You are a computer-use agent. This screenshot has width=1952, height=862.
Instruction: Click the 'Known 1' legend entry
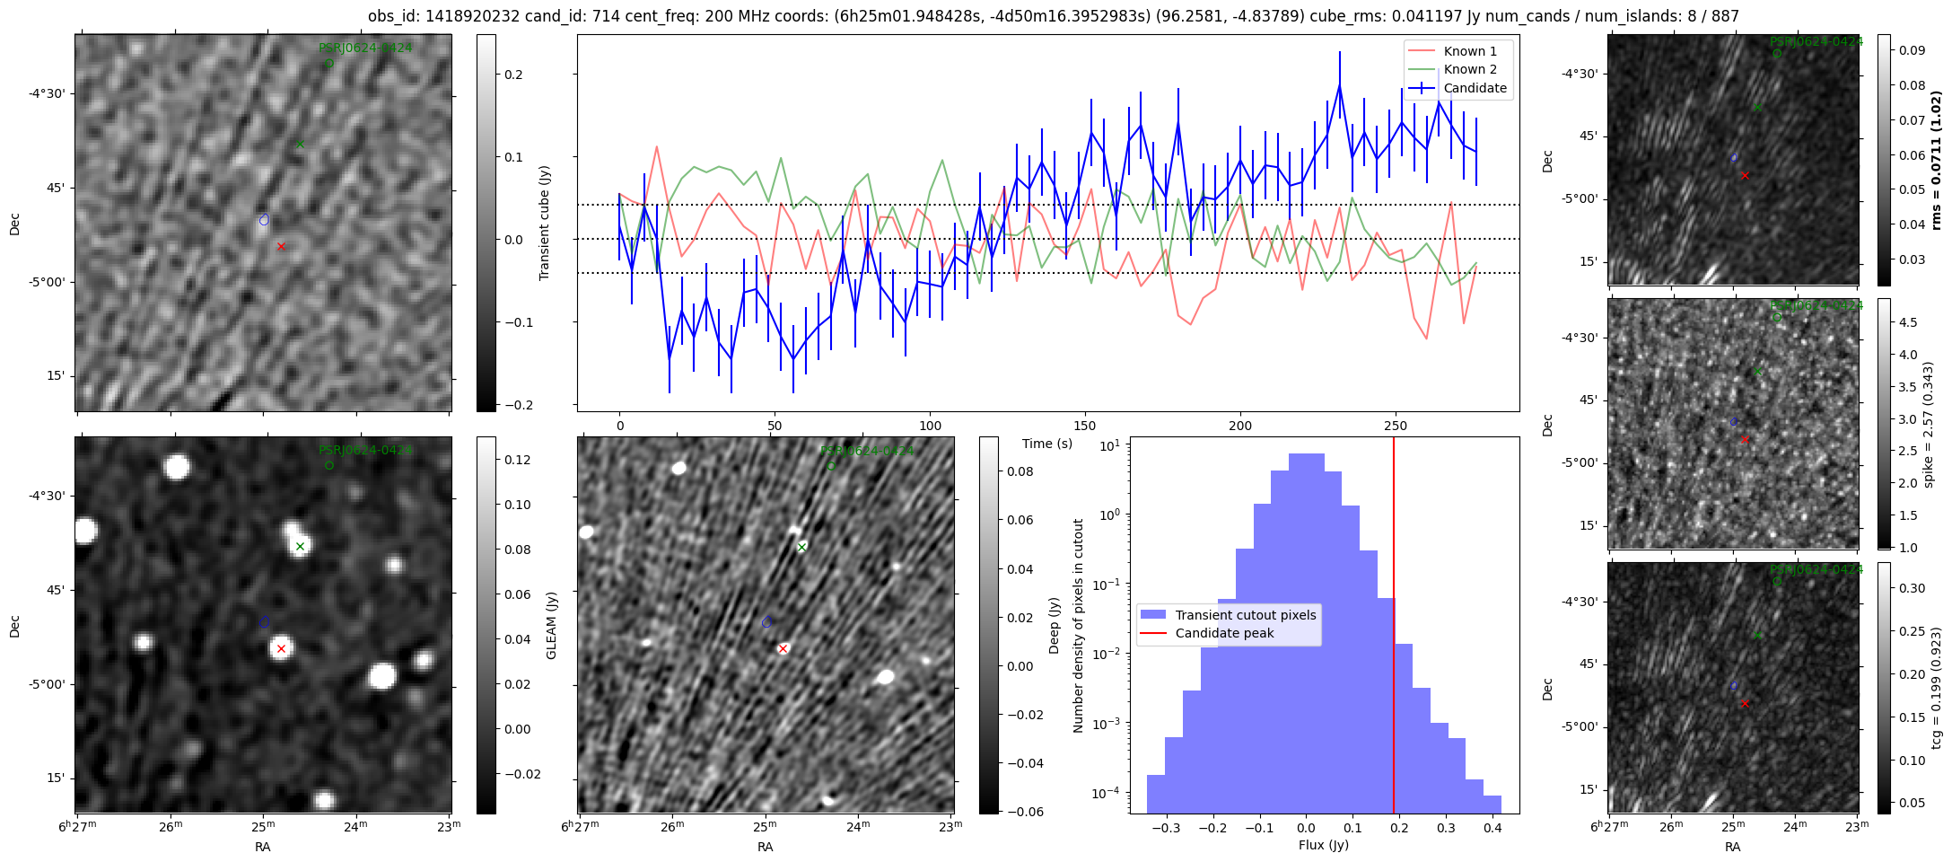click(1469, 51)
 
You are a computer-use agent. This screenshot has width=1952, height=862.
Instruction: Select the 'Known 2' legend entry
click(1469, 69)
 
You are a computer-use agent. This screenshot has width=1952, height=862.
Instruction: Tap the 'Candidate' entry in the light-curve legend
click(1475, 88)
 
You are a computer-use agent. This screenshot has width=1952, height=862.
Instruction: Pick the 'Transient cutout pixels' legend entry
click(1245, 615)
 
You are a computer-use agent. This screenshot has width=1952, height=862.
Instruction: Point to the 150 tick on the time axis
click(1085, 425)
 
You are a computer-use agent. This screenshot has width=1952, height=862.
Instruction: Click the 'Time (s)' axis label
click(1047, 444)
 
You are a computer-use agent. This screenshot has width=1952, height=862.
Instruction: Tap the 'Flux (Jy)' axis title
click(1324, 845)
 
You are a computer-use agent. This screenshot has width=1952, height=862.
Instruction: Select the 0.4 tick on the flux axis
click(1492, 828)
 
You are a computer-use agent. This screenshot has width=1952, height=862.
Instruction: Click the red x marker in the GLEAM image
click(281, 648)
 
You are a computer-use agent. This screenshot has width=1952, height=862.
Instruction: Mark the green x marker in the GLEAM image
click(301, 546)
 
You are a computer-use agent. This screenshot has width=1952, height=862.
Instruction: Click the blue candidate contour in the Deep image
click(766, 621)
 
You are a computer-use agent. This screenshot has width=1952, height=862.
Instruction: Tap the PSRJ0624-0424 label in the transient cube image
click(365, 48)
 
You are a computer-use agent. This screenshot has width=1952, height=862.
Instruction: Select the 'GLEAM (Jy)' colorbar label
click(551, 625)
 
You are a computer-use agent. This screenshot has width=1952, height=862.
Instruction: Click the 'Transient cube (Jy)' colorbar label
click(544, 223)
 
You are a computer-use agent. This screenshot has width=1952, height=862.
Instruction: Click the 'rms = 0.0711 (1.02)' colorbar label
click(1936, 160)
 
